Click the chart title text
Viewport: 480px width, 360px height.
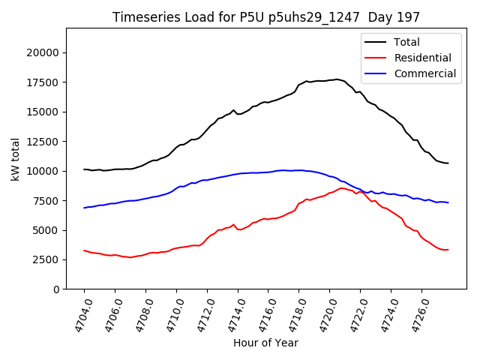click(x=266, y=16)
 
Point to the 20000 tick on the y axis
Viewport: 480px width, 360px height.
click(x=44, y=52)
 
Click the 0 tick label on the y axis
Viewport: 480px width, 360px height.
click(x=57, y=289)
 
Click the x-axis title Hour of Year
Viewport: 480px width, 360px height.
click(x=265, y=343)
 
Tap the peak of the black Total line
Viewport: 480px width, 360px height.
click(x=337, y=79)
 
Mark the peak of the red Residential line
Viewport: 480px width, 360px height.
click(x=342, y=187)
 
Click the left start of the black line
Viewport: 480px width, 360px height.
click(x=84, y=169)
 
